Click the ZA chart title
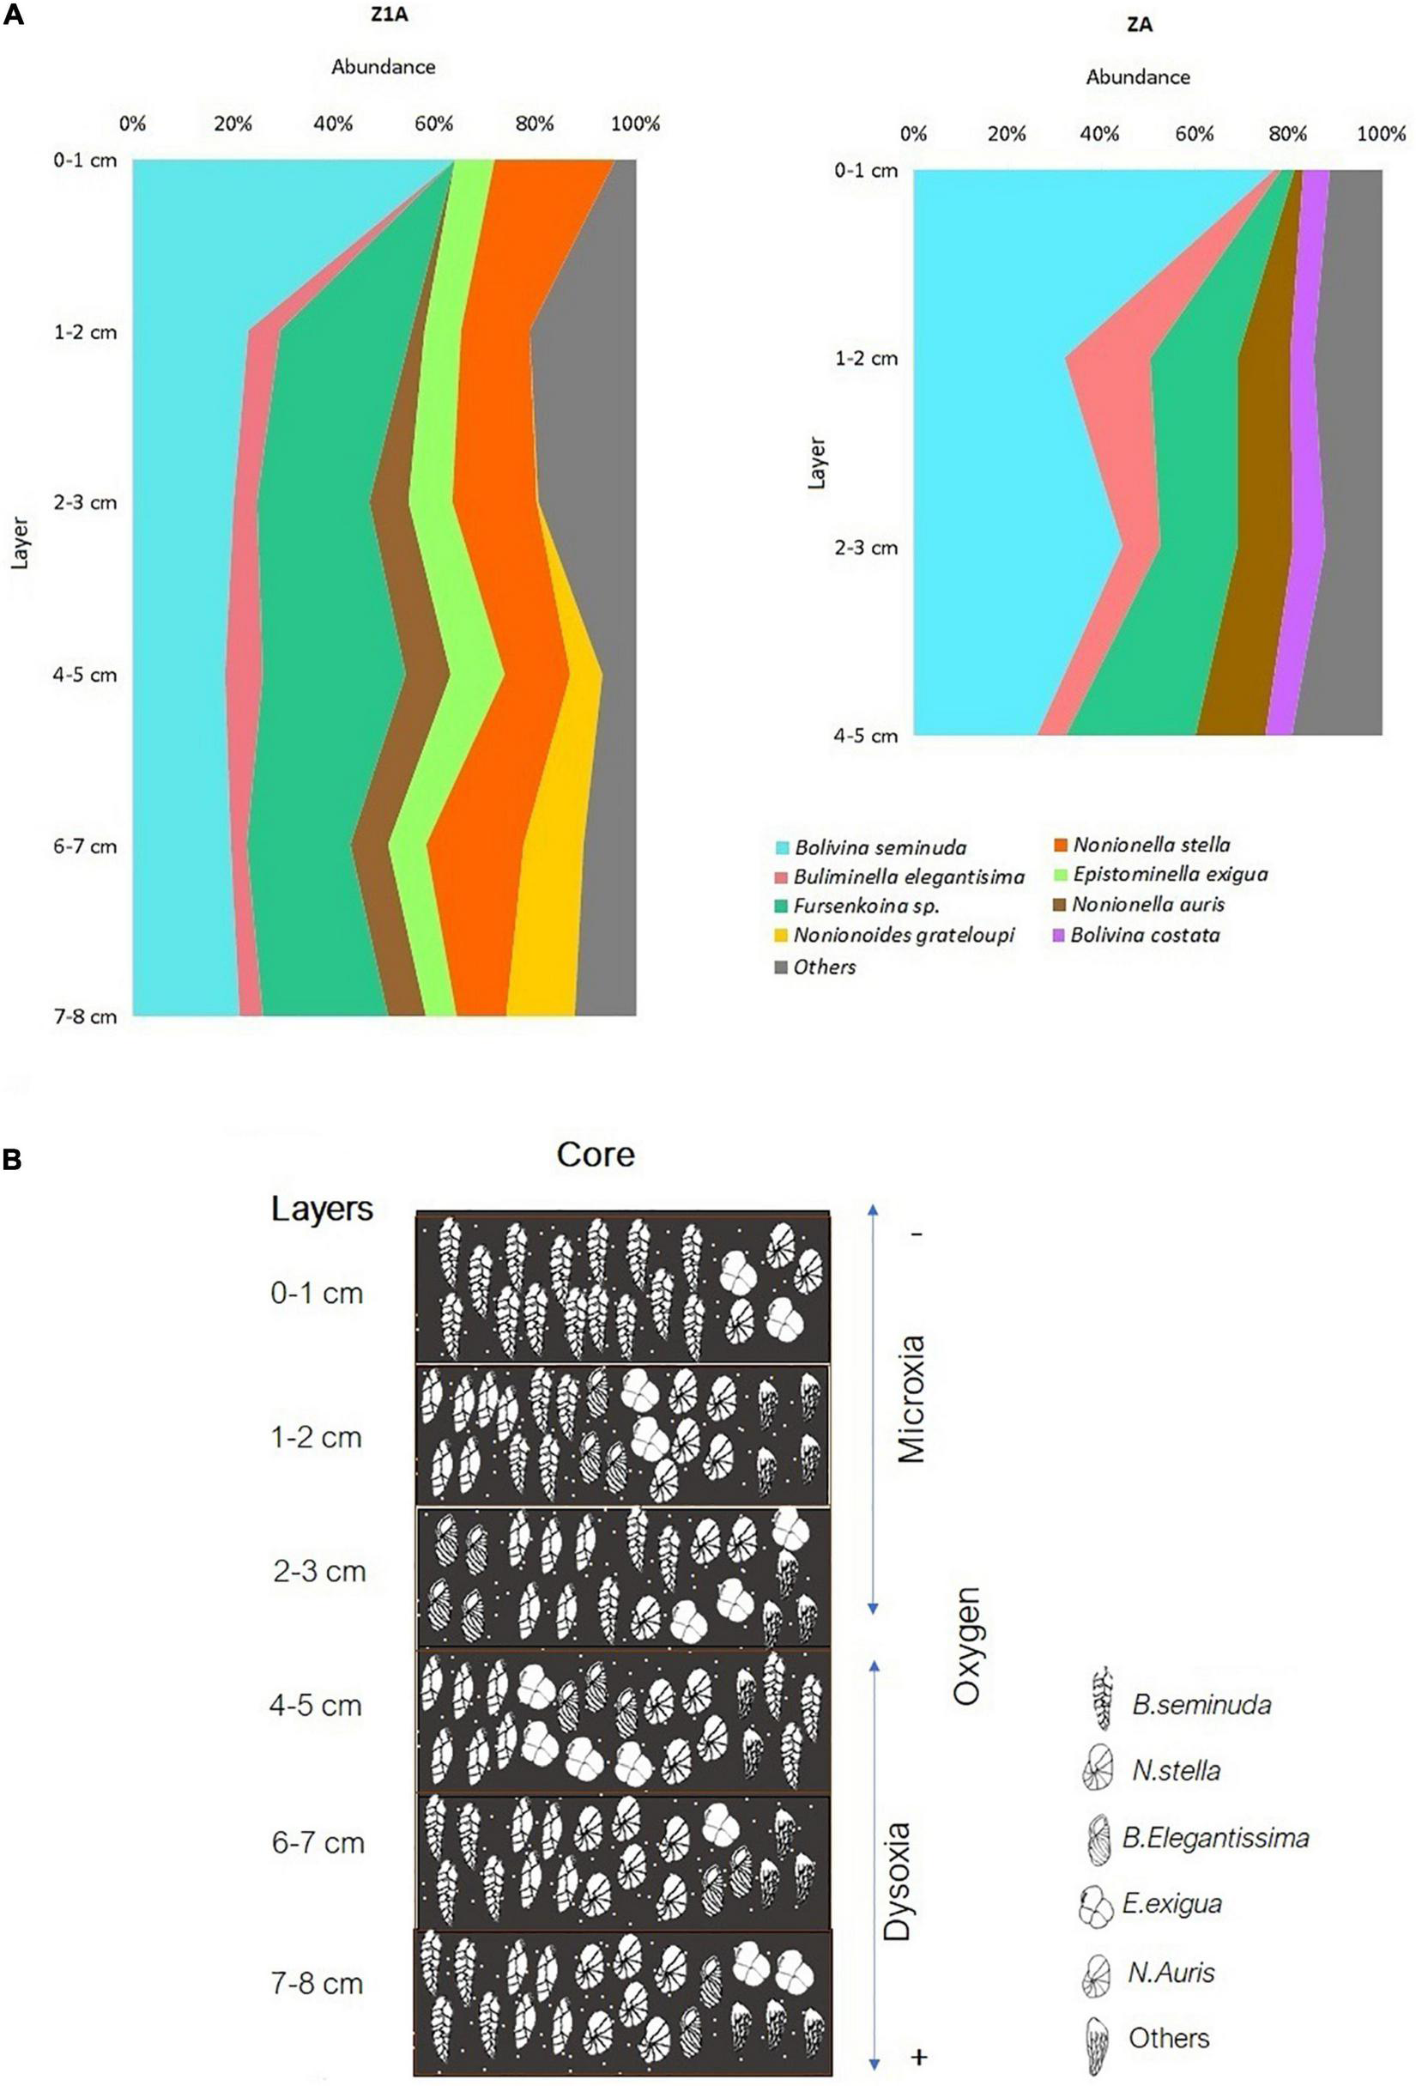click(1139, 25)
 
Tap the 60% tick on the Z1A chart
click(433, 124)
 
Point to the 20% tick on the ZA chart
click(1006, 135)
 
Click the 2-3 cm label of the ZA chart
click(866, 548)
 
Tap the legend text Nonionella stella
click(1152, 845)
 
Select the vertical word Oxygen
click(967, 1646)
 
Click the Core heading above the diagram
click(595, 1155)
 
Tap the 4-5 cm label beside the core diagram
click(316, 1706)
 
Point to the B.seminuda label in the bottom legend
click(1201, 1705)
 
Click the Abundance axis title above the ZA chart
click(1137, 77)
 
